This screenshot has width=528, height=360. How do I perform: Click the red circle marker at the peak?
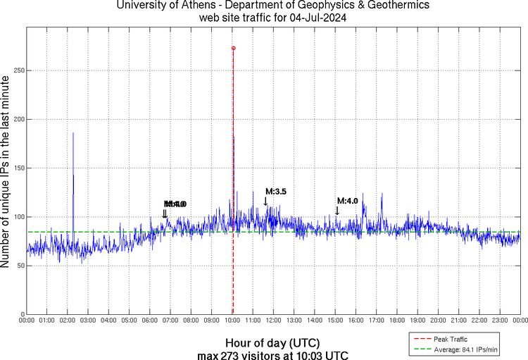[x=234, y=48]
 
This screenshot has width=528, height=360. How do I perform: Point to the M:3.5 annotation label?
[x=276, y=192]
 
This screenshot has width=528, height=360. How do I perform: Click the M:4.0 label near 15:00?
[x=348, y=201]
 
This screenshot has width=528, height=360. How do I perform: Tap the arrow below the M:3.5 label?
[x=265, y=201]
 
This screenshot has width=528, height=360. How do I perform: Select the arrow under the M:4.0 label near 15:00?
[x=337, y=211]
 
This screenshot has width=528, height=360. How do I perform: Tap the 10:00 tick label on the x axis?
[x=232, y=321]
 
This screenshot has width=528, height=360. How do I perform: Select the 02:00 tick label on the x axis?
[x=68, y=321]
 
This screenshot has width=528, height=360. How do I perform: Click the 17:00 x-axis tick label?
[x=377, y=321]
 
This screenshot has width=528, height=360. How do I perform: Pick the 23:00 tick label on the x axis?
[x=500, y=321]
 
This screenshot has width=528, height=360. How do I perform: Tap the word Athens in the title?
[x=189, y=6]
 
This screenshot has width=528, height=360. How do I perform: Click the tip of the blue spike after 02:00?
[x=73, y=132]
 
